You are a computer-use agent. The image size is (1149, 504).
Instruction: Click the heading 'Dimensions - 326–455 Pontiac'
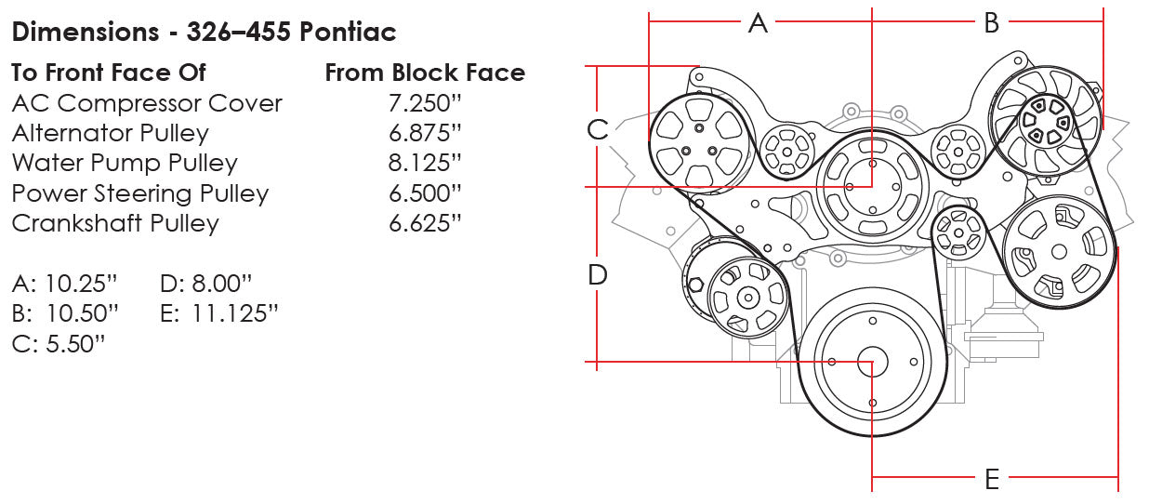click(204, 32)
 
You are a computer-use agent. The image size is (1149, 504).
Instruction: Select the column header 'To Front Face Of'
click(109, 73)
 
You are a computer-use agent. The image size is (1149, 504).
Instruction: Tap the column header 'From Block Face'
click(425, 73)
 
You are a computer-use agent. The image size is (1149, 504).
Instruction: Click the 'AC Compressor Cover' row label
click(147, 103)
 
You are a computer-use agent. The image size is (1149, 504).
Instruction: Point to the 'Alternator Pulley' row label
click(110, 133)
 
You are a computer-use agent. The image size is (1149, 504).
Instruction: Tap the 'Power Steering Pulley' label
click(139, 193)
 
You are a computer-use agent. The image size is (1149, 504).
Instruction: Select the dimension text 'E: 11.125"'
click(219, 312)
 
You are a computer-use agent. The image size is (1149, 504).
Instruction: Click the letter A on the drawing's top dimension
click(759, 22)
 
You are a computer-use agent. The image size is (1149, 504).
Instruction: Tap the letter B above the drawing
click(991, 22)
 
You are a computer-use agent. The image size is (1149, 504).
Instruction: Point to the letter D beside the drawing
click(597, 274)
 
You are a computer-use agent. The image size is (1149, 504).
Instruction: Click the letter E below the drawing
click(991, 480)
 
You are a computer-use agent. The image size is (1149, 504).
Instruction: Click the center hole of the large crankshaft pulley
click(872, 361)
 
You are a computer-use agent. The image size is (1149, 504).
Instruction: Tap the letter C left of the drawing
click(597, 130)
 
